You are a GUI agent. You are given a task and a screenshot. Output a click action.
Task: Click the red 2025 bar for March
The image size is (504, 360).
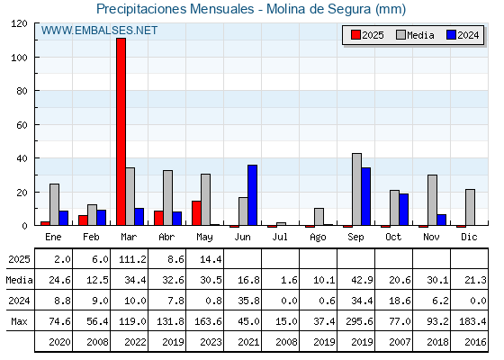pos(121,131)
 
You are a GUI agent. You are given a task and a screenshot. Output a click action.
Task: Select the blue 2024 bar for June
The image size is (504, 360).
pos(252,195)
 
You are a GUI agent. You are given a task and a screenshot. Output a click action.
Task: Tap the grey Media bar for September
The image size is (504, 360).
pos(356,189)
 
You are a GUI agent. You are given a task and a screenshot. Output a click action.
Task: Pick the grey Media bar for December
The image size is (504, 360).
pos(470,207)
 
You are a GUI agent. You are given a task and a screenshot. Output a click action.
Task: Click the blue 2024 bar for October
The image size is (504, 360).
pos(404,210)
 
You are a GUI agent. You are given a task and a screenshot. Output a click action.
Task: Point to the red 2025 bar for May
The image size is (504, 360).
pos(196,213)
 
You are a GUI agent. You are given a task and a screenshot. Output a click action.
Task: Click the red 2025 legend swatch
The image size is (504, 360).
pos(355,35)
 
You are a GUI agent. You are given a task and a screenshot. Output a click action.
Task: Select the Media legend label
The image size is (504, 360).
pos(420,35)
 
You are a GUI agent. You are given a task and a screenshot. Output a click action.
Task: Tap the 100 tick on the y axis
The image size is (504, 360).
pos(21,58)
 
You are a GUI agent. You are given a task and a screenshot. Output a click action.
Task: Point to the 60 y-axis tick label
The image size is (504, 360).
pos(22,125)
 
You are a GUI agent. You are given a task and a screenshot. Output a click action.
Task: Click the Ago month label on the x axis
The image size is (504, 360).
pos(318,238)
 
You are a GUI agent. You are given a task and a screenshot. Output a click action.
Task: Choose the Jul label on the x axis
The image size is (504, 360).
pos(280,237)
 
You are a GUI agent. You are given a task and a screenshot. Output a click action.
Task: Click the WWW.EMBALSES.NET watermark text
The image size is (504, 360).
pos(99,31)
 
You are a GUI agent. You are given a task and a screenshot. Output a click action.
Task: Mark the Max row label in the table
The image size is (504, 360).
pos(19,321)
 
